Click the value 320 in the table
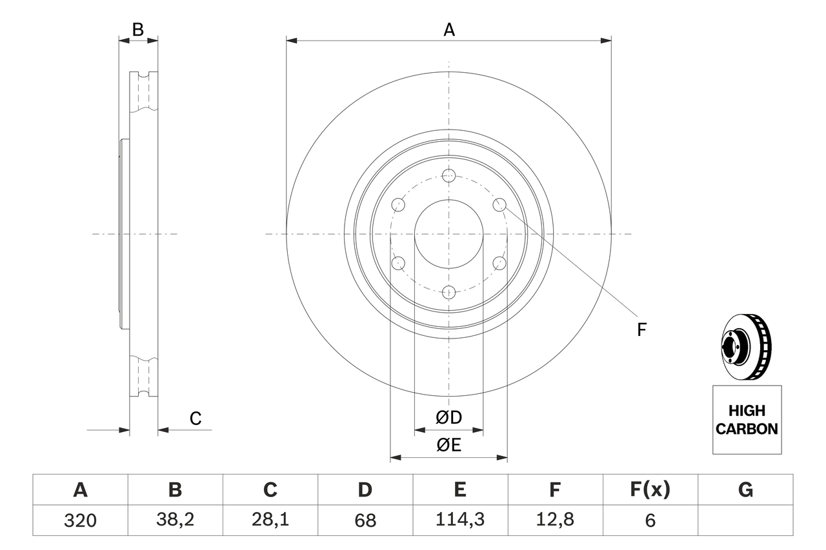click(x=80, y=520)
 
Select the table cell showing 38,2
click(x=175, y=520)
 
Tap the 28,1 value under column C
click(x=270, y=520)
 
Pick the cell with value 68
click(x=365, y=520)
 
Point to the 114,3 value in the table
click(x=459, y=520)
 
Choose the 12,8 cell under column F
click(x=554, y=520)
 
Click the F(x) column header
click(x=650, y=490)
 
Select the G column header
click(x=745, y=490)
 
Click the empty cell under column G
click(x=745, y=520)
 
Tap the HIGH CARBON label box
click(x=747, y=420)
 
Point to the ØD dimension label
click(x=449, y=418)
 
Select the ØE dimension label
click(x=449, y=445)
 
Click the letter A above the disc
click(x=449, y=29)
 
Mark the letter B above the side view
click(x=137, y=29)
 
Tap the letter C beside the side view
click(x=196, y=418)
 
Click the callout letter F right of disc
click(x=641, y=330)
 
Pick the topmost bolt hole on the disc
click(x=449, y=175)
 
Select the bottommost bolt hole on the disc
click(x=449, y=292)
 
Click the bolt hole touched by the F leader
click(x=499, y=204)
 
